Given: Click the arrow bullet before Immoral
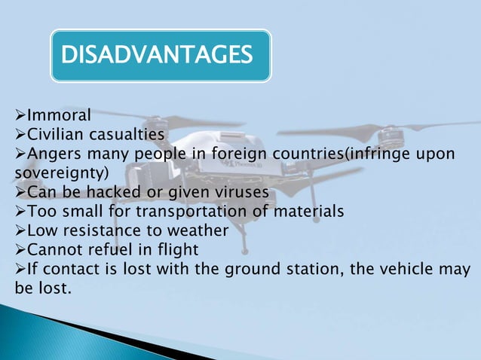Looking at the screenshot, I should (20, 116).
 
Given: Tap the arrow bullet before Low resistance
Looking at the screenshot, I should (20, 230).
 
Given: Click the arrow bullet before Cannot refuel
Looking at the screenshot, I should (20, 249).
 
